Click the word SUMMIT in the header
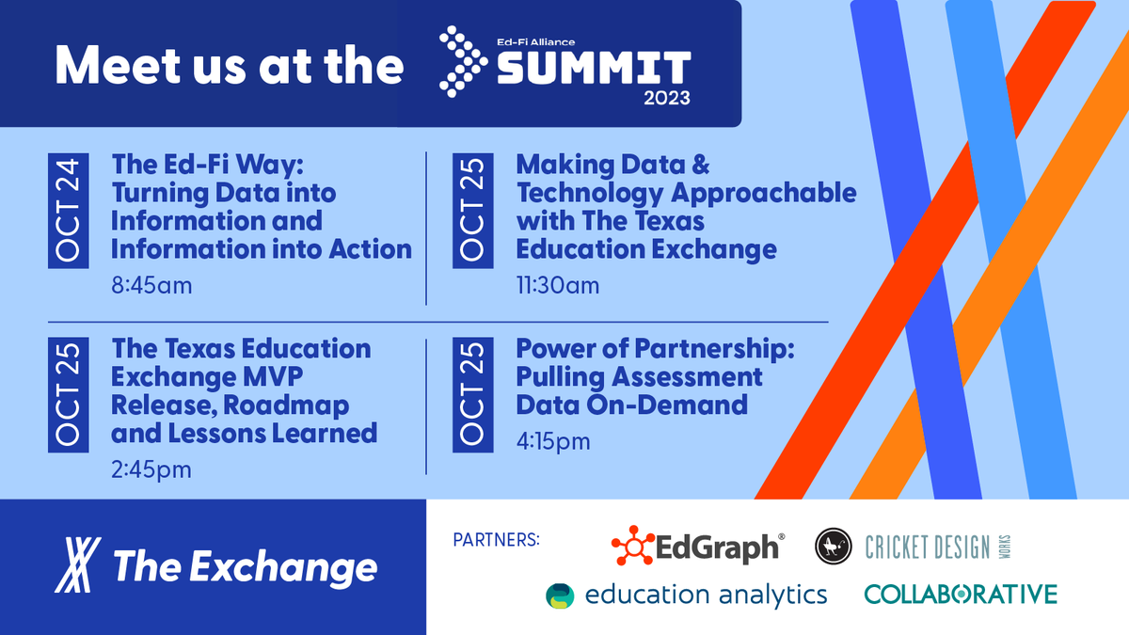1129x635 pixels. (x=593, y=68)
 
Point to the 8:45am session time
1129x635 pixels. (x=151, y=284)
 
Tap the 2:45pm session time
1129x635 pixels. (x=151, y=468)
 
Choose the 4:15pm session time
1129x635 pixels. (x=553, y=440)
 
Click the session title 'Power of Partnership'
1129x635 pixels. (x=656, y=349)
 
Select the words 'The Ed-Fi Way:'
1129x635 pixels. (x=204, y=165)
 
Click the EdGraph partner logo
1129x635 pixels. (x=697, y=546)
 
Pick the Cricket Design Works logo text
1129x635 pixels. (x=927, y=546)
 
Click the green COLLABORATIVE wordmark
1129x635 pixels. (x=961, y=594)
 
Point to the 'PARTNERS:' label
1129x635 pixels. (x=497, y=540)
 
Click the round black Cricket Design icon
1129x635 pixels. (x=834, y=546)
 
